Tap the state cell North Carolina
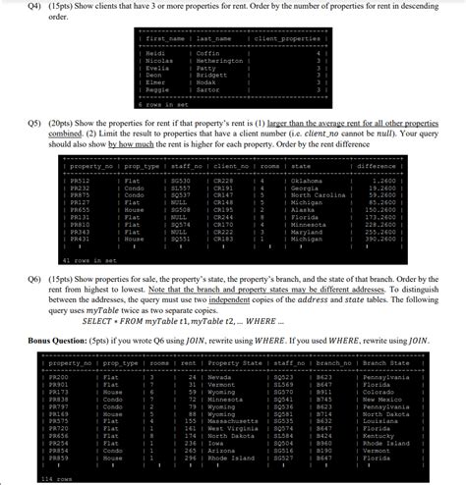coord(314,196)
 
